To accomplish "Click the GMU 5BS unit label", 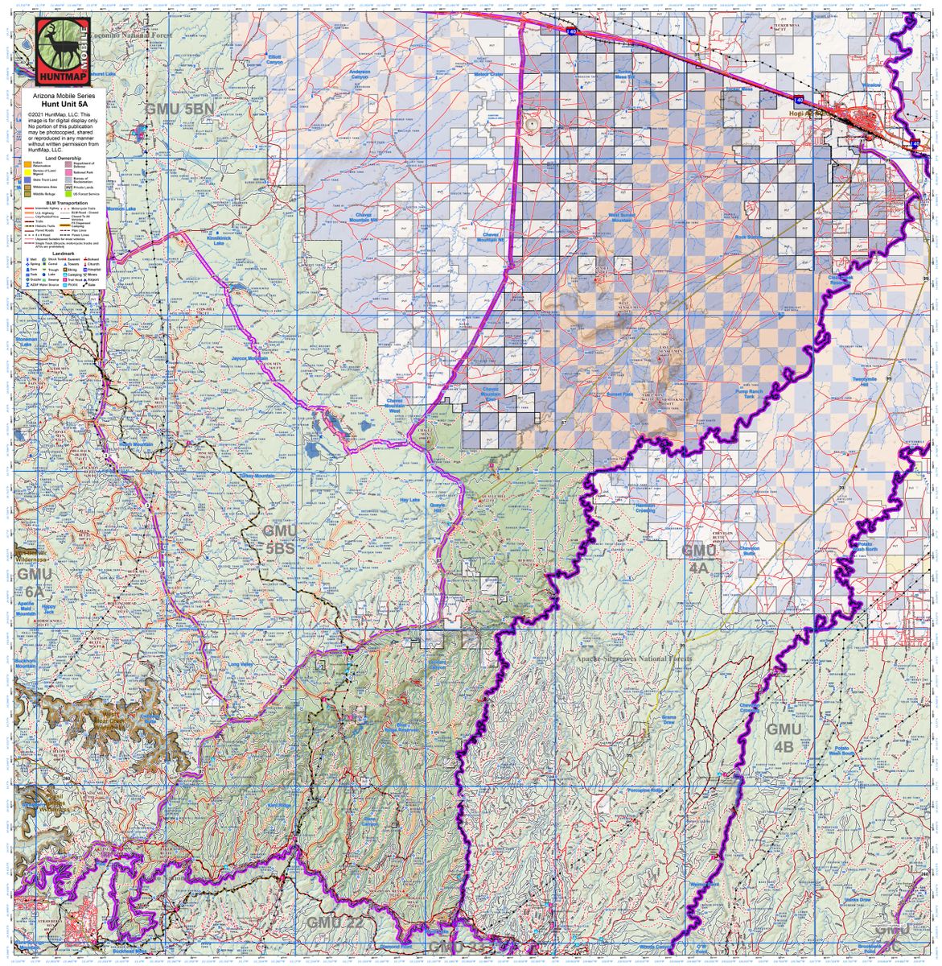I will click(x=280, y=539).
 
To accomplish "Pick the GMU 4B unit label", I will click(x=784, y=737).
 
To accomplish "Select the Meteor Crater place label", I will click(x=511, y=74).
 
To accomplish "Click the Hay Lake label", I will click(x=410, y=500).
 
